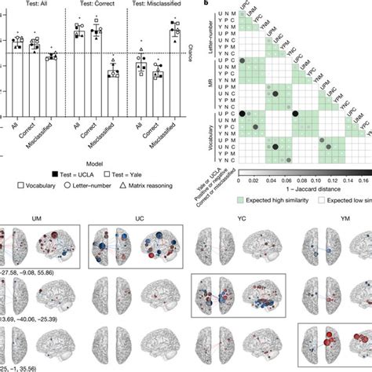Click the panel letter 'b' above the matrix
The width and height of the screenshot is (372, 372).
point(205,4)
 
